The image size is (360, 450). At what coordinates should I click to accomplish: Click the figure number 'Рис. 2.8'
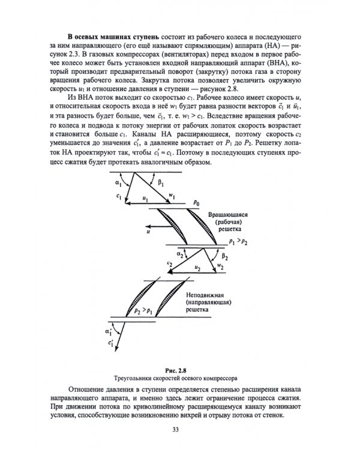pos(180,370)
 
